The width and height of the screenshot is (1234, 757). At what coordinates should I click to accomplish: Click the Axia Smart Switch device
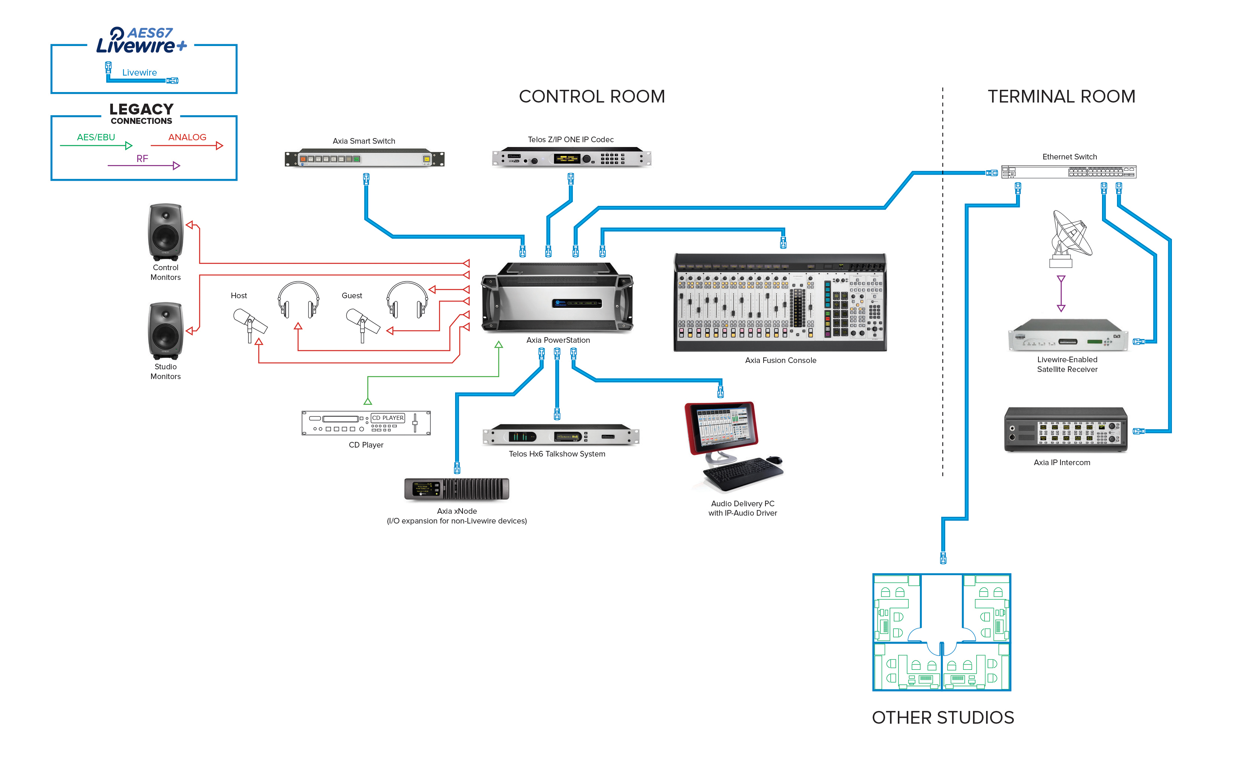[364, 159]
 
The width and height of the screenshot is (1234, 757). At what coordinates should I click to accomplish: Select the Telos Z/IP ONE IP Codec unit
[571, 158]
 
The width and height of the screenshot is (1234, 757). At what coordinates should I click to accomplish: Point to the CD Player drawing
[366, 423]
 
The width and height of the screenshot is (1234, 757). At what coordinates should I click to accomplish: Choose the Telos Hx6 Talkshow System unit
[561, 435]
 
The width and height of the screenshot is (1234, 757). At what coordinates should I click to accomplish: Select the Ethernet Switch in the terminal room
[1069, 172]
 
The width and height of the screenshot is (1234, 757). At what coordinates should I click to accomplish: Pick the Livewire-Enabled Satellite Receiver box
[1068, 336]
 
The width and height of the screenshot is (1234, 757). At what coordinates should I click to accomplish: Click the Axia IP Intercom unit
[1066, 430]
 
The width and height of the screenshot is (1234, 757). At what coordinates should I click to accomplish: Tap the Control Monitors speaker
[165, 232]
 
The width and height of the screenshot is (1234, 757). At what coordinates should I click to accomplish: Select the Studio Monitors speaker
[165, 331]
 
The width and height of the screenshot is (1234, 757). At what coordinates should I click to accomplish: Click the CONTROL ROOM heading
[592, 96]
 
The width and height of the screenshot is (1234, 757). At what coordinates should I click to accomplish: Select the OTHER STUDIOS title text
[943, 717]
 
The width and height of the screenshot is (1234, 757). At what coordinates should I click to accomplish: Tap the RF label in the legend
[142, 158]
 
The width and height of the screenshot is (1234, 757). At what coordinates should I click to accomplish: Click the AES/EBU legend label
[96, 137]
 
